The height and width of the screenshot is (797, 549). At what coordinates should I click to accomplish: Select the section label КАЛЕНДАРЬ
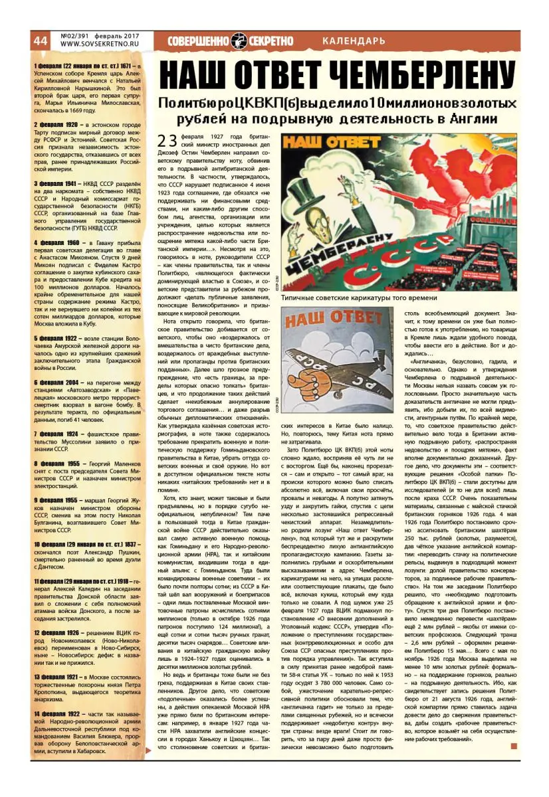354,41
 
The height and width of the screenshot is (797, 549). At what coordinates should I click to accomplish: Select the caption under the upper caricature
359,298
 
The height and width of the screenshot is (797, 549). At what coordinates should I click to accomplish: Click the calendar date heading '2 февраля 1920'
57,124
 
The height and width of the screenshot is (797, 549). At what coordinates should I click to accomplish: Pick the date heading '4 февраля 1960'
57,242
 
